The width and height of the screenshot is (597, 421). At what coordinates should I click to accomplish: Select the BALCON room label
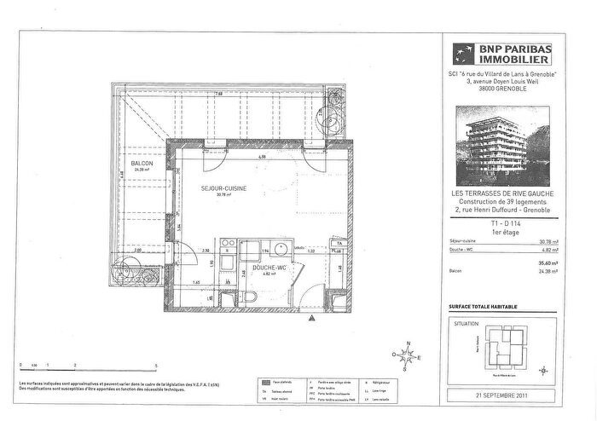pyautogui.click(x=142, y=164)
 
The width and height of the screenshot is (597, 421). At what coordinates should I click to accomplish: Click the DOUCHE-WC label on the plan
pyautogui.click(x=267, y=268)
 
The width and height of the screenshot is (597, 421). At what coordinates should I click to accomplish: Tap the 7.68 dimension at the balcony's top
pyautogui.click(x=218, y=93)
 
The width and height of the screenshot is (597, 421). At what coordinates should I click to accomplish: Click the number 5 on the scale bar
pyautogui.click(x=156, y=364)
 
